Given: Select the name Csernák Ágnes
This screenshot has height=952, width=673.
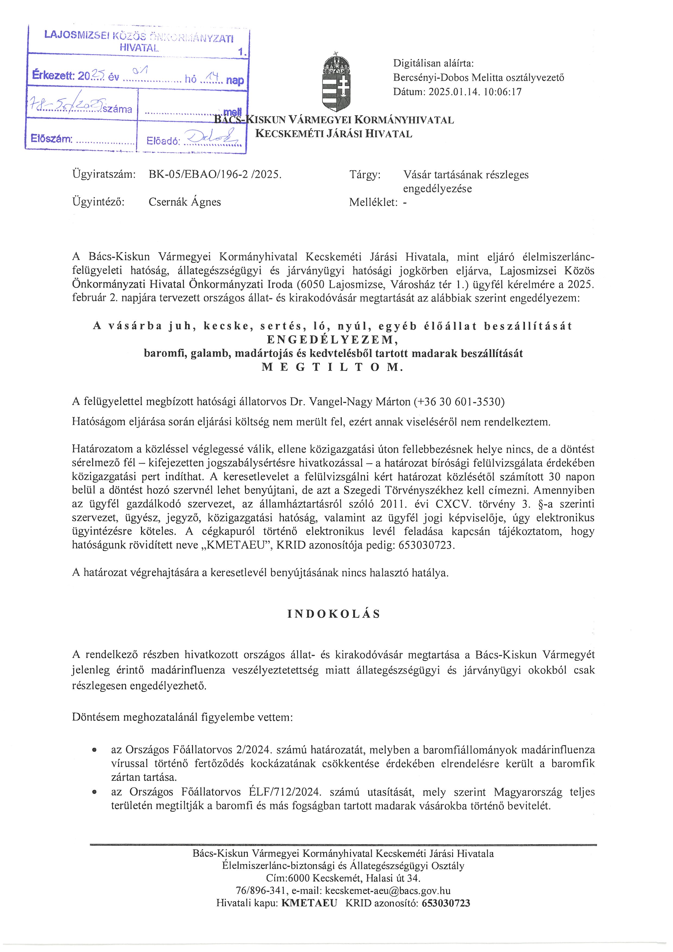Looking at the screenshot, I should point(185,202).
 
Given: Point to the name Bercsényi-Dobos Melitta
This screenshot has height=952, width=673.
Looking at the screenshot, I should point(450,78).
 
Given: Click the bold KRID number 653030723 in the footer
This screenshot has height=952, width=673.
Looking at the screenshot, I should point(446,903).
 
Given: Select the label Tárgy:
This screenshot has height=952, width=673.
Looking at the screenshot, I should point(365,175).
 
